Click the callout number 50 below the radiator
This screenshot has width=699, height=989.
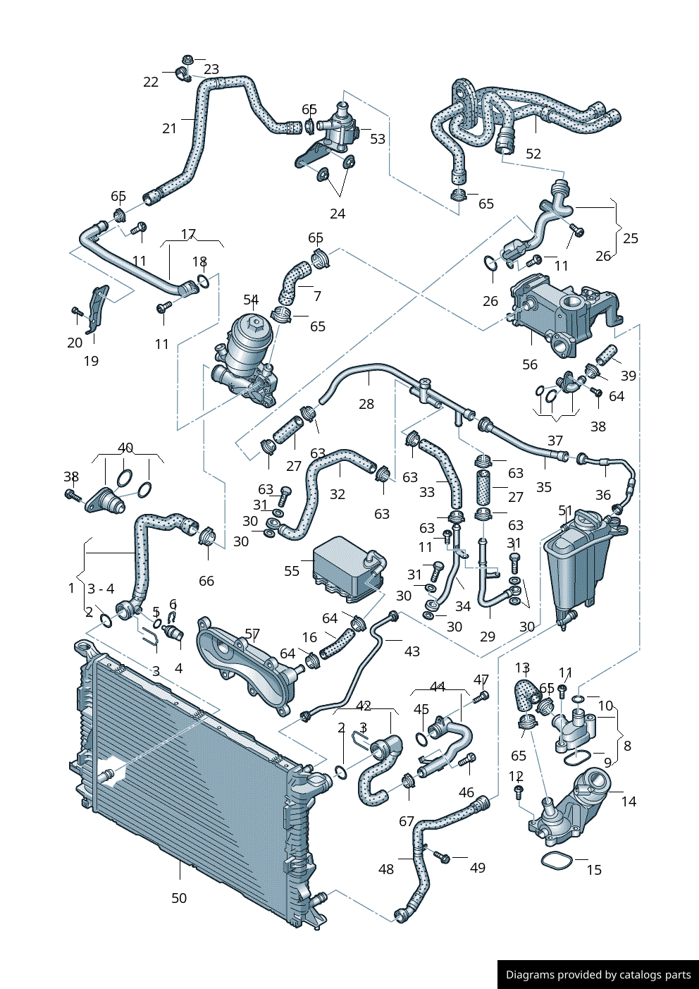click(x=179, y=898)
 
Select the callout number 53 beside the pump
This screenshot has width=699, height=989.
click(x=378, y=139)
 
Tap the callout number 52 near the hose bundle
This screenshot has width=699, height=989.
click(x=533, y=154)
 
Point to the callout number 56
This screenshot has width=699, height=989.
click(x=530, y=364)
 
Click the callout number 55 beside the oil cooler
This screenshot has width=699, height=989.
click(x=292, y=571)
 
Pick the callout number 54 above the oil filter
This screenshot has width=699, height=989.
click(x=251, y=300)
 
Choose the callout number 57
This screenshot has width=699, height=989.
click(x=252, y=634)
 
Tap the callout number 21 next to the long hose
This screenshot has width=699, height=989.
click(x=170, y=128)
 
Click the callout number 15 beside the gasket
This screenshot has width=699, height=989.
click(x=594, y=870)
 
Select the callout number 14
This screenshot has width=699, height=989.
click(x=629, y=801)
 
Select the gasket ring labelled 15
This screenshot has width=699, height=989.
click(x=557, y=861)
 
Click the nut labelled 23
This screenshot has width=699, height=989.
click(x=188, y=59)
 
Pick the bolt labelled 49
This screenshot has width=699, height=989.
click(x=441, y=856)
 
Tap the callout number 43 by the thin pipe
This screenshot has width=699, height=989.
click(x=412, y=652)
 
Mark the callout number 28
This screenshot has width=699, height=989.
click(x=366, y=404)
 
